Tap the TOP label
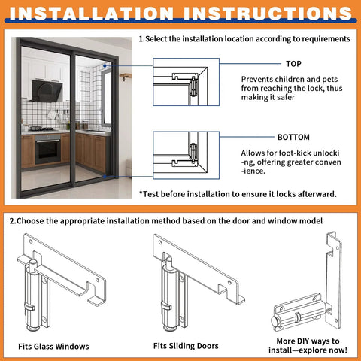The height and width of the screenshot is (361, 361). (293, 64)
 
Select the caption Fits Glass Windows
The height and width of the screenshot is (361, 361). (53, 346)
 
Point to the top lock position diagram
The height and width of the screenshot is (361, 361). (186, 86)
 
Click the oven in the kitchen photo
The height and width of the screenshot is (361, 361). (47, 149)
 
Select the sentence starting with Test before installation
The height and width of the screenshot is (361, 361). (238, 193)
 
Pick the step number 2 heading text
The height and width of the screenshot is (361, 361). (166, 221)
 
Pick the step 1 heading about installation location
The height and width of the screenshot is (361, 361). (244, 38)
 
